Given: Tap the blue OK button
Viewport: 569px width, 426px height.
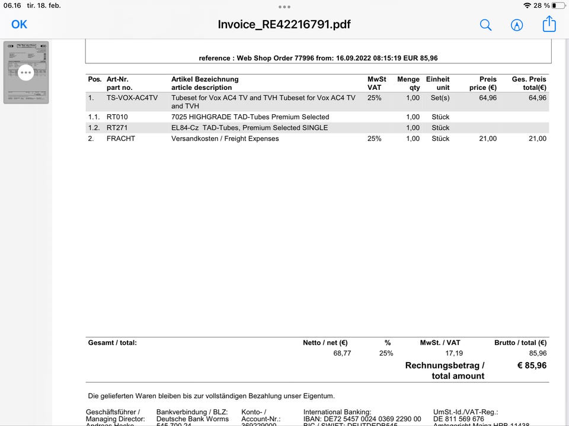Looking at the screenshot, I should (20, 24).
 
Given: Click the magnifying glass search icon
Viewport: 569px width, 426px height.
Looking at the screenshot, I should (485, 25).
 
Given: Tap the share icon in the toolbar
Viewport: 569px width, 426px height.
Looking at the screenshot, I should (549, 24).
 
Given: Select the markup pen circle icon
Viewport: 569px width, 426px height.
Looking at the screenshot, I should (517, 25).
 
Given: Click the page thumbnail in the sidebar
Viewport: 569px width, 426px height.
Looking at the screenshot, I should (26, 72).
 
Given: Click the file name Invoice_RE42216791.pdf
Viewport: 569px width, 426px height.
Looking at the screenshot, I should (284, 25).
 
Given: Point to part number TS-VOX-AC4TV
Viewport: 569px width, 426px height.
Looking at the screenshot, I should (132, 98).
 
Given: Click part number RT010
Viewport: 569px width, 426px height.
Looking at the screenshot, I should (117, 117).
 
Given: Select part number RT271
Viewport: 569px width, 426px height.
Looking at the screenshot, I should (117, 128).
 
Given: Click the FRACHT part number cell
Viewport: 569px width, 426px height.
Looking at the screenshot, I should (121, 138).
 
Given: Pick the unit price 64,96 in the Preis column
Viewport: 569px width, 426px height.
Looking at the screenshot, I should (488, 98).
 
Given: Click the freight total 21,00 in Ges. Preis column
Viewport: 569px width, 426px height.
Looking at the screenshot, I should (538, 138).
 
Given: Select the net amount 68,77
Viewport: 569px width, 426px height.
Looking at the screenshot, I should (343, 353).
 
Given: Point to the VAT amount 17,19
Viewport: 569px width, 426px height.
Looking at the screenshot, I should (454, 353).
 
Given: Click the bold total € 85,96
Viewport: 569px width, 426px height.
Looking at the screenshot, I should (532, 366).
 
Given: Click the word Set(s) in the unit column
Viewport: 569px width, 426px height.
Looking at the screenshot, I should (440, 98).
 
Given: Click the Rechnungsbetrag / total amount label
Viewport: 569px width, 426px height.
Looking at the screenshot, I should (445, 370).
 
